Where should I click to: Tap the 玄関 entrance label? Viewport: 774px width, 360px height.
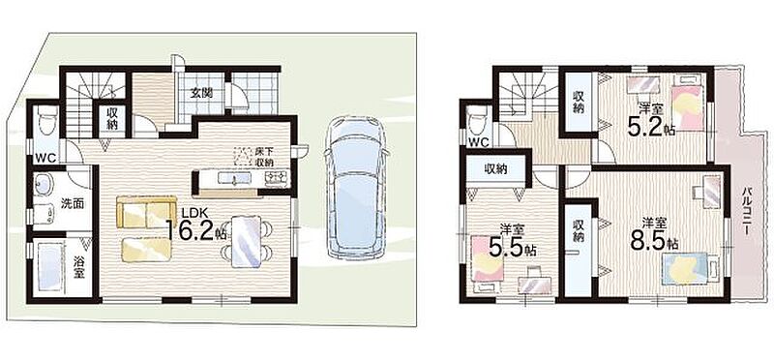tap(202, 93)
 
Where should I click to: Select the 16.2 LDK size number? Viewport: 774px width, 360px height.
tap(189, 229)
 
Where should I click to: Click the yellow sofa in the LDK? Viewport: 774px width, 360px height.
tap(147, 211)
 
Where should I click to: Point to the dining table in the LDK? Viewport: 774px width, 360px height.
tap(246, 242)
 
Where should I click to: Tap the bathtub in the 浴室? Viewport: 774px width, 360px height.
tap(51, 268)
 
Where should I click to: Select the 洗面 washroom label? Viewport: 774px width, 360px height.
tap(72, 203)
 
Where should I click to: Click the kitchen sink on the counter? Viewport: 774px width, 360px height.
tap(231, 177)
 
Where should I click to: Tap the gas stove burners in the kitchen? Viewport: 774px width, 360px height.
tap(277, 177)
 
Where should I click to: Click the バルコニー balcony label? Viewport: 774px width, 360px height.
tap(747, 211)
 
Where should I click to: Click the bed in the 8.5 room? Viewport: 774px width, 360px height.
tap(689, 269)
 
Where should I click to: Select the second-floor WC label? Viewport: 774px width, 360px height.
tap(478, 142)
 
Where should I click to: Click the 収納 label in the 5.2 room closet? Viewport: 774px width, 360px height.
tap(579, 102)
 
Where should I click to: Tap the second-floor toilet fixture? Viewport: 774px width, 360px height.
tap(478, 121)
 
